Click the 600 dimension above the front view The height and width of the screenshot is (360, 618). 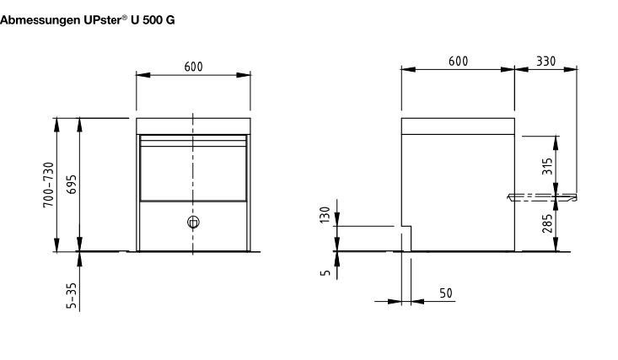click(193, 67)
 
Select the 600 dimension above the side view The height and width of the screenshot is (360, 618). click(458, 62)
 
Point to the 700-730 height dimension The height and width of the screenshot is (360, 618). click(49, 185)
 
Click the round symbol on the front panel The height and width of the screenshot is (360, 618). click(193, 223)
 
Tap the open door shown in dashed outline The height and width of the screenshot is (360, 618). click(542, 197)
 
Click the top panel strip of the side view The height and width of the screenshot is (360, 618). click(458, 126)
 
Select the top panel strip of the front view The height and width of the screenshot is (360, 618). click(193, 126)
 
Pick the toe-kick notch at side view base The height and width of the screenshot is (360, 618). click(406, 238)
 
